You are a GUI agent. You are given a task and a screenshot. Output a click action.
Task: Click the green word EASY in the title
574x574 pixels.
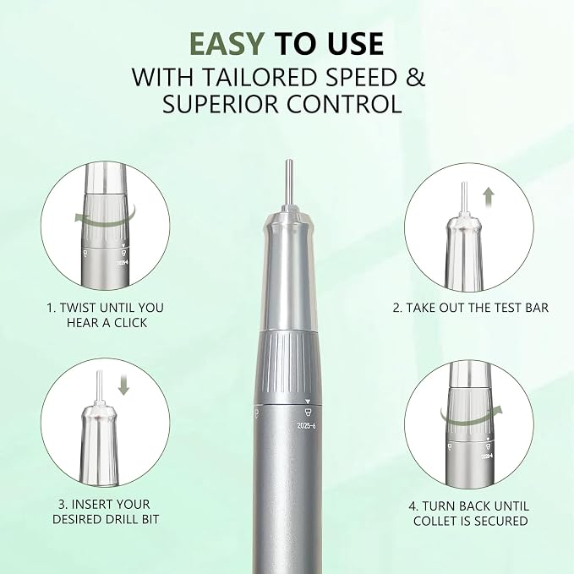tap(227, 44)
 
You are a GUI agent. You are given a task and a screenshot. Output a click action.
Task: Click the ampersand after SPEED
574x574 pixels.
tap(415, 77)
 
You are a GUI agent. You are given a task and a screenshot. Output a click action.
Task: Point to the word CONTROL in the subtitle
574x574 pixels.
tap(344, 104)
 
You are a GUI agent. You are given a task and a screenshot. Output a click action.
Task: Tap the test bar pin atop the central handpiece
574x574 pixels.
tap(289, 183)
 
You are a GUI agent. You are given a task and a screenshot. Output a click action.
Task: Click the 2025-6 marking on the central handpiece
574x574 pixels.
tap(306, 426)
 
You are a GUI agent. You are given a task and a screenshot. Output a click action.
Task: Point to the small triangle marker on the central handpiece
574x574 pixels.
tap(307, 402)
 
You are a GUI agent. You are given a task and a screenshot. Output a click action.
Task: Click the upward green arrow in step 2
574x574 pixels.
tap(489, 197)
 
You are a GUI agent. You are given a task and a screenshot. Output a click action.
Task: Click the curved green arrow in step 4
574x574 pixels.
tap(471, 417)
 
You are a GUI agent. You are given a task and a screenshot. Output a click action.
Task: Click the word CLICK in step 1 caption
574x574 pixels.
tap(131, 323)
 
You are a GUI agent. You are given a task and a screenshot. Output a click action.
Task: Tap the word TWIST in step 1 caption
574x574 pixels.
tap(78, 308)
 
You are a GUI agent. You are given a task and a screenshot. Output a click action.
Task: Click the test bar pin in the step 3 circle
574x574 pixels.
tap(99, 386)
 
